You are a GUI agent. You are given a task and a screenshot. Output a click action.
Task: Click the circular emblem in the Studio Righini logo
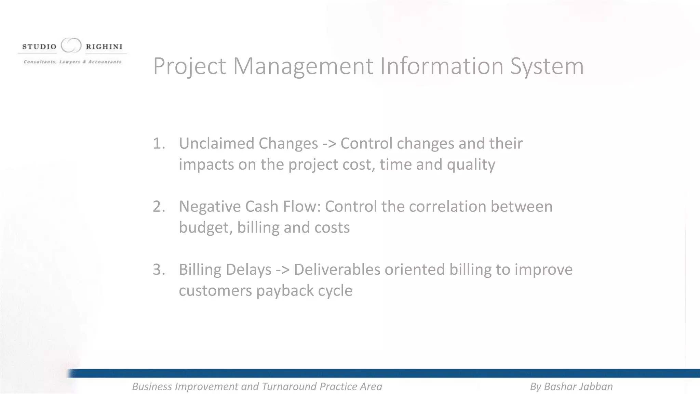coord(71,45)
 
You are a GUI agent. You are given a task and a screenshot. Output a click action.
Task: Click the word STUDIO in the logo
coord(39,47)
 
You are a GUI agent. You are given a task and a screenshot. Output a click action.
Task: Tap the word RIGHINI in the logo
coord(104,47)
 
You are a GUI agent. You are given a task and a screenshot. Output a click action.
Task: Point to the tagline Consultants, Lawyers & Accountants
coord(72,62)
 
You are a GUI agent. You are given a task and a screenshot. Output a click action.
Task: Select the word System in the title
coord(547,67)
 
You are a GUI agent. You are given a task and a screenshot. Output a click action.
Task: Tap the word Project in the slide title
coord(189,67)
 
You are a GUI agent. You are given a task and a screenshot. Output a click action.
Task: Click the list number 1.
coord(158,144)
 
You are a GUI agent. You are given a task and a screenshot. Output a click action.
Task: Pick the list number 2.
coord(159,207)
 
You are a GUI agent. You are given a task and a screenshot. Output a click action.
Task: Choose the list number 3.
coord(159,270)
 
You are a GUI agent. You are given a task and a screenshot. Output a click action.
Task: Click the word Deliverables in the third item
coord(337,270)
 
